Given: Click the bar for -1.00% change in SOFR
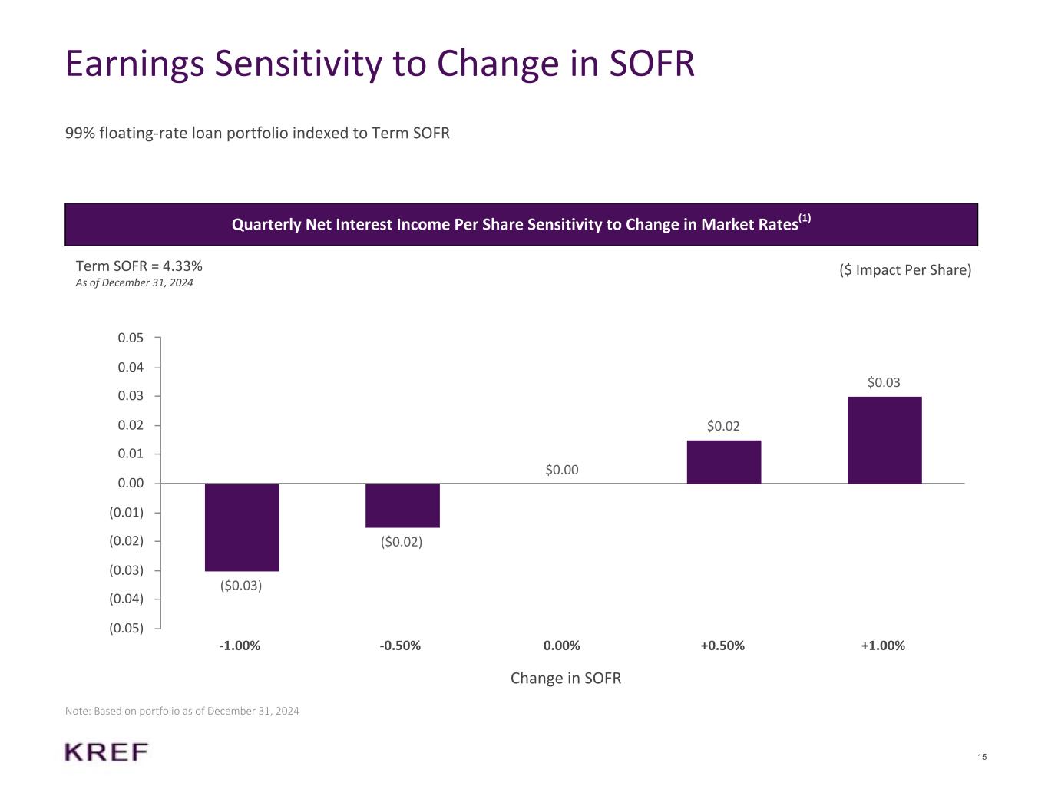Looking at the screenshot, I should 242,527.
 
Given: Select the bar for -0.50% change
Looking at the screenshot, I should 402,505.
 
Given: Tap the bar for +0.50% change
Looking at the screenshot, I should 723,461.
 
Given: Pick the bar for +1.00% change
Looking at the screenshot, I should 884,440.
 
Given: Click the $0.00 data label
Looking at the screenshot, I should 562,470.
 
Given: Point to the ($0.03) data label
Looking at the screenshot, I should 241,586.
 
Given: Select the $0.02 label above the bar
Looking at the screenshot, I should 723,426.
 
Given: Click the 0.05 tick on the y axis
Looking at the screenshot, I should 131,338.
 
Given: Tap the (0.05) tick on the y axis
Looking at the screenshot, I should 127,629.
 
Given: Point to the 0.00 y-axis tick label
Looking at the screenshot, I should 131,483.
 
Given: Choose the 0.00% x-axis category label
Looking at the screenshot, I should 562,646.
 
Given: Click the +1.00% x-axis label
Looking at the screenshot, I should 883,646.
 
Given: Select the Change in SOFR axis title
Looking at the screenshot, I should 566,679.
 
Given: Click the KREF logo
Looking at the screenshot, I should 107,752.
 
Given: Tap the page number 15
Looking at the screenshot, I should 983,758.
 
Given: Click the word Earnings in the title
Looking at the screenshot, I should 135,64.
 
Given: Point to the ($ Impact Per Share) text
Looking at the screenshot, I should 905,270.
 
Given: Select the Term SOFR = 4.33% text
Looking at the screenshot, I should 139,266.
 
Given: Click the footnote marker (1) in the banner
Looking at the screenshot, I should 805,219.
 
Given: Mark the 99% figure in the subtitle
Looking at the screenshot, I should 80,134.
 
